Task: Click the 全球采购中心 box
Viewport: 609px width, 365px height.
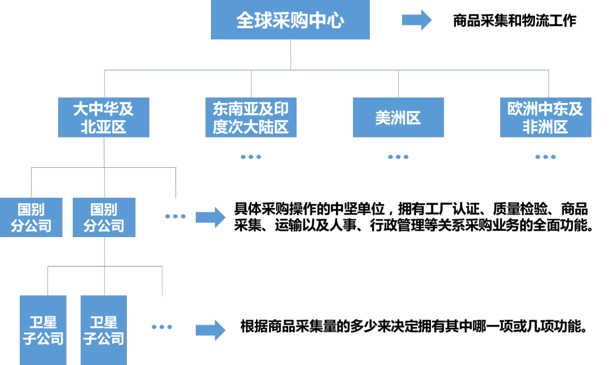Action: tap(290, 20)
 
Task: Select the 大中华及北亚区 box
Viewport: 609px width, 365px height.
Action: tap(104, 117)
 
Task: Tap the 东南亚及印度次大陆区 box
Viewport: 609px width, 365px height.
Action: tap(251, 117)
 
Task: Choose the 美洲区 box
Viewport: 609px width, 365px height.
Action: tap(398, 117)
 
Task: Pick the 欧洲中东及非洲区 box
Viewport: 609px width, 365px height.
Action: tap(545, 117)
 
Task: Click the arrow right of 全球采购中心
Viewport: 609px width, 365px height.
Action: tap(417, 20)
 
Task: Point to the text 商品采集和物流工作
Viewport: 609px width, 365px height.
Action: tap(514, 21)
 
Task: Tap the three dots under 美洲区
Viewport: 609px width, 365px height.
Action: tap(398, 157)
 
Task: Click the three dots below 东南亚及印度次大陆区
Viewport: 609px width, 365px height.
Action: tap(251, 157)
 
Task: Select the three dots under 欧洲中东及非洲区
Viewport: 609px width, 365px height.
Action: tap(545, 157)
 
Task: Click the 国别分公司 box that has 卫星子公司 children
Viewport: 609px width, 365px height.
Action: tap(104, 217)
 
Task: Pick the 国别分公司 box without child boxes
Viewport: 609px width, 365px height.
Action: tap(30, 217)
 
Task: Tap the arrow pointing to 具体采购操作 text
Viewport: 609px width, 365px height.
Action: tap(211, 217)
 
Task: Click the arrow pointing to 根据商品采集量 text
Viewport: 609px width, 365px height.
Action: tap(211, 330)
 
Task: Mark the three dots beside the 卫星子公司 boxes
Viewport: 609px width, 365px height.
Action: tap(162, 327)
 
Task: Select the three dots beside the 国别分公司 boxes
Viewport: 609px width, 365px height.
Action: tap(175, 216)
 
